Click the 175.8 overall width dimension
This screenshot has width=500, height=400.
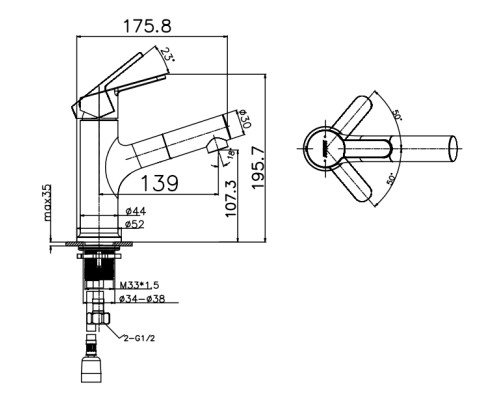147,26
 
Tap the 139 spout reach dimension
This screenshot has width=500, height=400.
160,183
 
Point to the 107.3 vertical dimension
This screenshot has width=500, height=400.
231,199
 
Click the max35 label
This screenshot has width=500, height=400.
47,203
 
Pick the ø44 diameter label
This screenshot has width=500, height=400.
135,211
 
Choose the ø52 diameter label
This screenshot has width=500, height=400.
135,225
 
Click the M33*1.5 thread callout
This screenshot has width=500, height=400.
139,285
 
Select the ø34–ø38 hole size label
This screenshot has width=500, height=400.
142,299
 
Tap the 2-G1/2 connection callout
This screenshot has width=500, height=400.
139,339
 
